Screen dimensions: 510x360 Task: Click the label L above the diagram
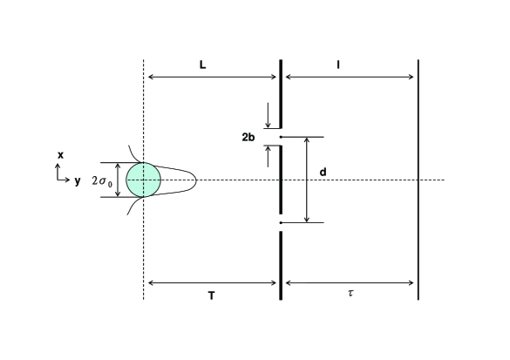coord(202,65)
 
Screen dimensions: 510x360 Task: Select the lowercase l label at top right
coord(338,65)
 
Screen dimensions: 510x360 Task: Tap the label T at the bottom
coord(212,295)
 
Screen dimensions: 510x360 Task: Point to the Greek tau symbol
coord(350,293)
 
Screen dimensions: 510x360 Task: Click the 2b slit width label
coord(248,137)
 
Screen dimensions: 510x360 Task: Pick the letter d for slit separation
coord(323,172)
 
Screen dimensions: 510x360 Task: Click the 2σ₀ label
coord(102,180)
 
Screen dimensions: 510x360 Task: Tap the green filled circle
coord(144,180)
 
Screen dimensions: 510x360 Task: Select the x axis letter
coord(60,155)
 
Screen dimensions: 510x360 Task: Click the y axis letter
coord(77,180)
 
